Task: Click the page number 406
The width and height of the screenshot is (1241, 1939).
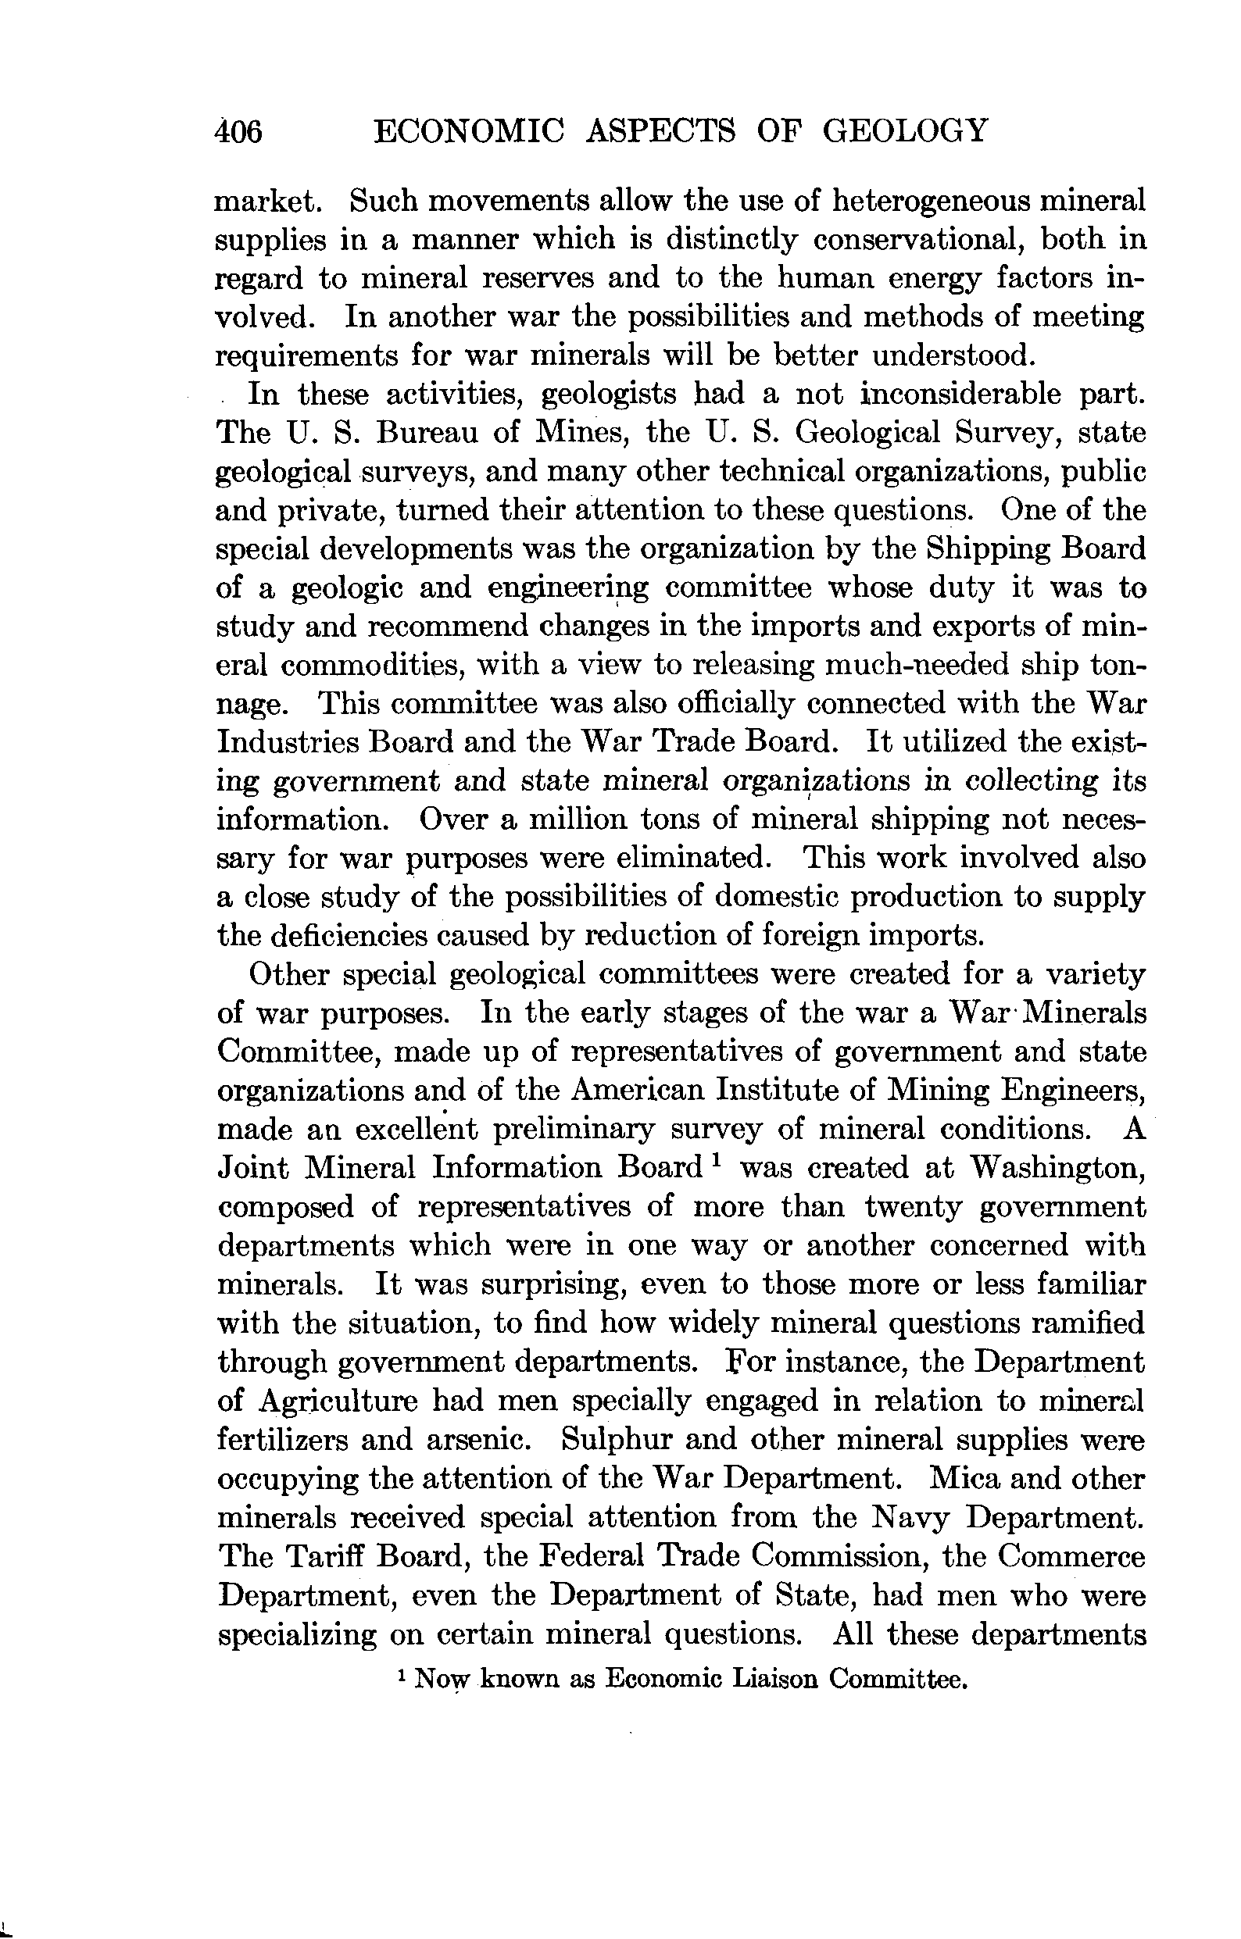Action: pos(239,131)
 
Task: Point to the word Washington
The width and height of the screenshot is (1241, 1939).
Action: pos(1057,1168)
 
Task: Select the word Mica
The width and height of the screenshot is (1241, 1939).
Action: pos(965,1479)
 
